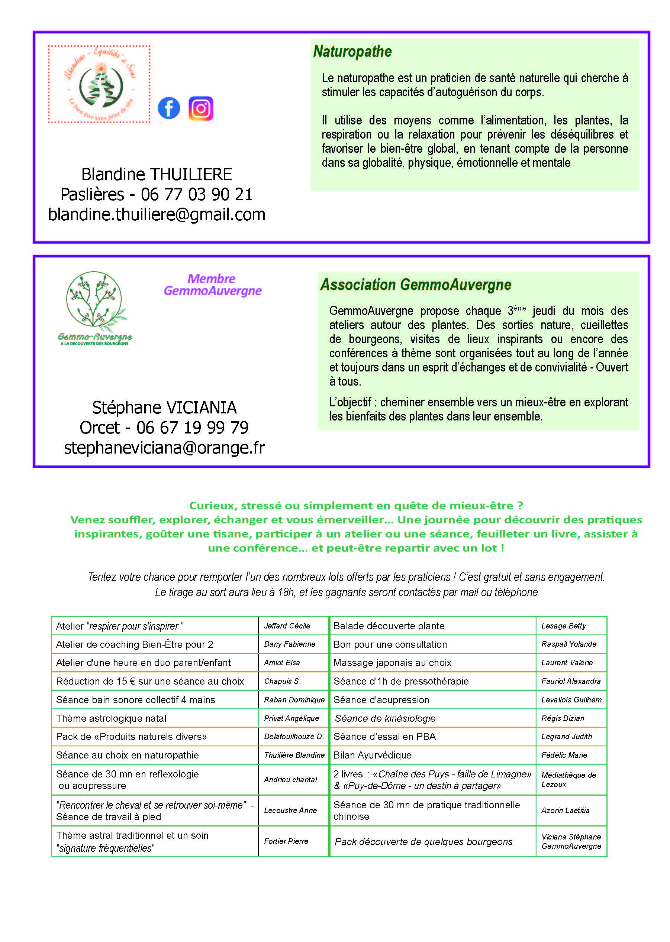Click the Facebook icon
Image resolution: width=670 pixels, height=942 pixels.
[x=169, y=108]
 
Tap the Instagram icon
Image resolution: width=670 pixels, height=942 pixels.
[x=200, y=108]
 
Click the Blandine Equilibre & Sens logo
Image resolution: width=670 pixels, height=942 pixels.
[x=99, y=84]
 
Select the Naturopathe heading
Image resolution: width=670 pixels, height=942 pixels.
[x=352, y=52]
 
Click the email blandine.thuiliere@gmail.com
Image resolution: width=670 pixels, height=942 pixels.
[x=157, y=215]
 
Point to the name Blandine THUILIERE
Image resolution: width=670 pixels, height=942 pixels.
[x=157, y=174]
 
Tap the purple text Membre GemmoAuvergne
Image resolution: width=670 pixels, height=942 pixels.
[x=212, y=285]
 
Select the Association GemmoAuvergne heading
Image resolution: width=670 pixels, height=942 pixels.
[x=415, y=285]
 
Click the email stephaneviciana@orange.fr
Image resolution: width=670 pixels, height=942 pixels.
[x=164, y=448]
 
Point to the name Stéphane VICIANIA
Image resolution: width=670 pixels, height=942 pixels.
[x=164, y=407]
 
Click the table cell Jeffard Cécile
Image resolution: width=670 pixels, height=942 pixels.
[x=287, y=626]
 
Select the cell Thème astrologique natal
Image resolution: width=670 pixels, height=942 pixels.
[x=112, y=718]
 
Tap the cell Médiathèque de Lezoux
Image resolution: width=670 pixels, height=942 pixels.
[x=568, y=780]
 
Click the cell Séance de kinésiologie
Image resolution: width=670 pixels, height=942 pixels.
[x=385, y=718]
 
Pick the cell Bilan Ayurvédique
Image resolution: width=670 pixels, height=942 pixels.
[x=372, y=755]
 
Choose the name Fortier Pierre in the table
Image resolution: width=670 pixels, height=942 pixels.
[x=286, y=841]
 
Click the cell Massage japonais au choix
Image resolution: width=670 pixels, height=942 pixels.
[x=392, y=663]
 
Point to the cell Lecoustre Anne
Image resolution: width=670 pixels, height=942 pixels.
[x=290, y=811]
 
